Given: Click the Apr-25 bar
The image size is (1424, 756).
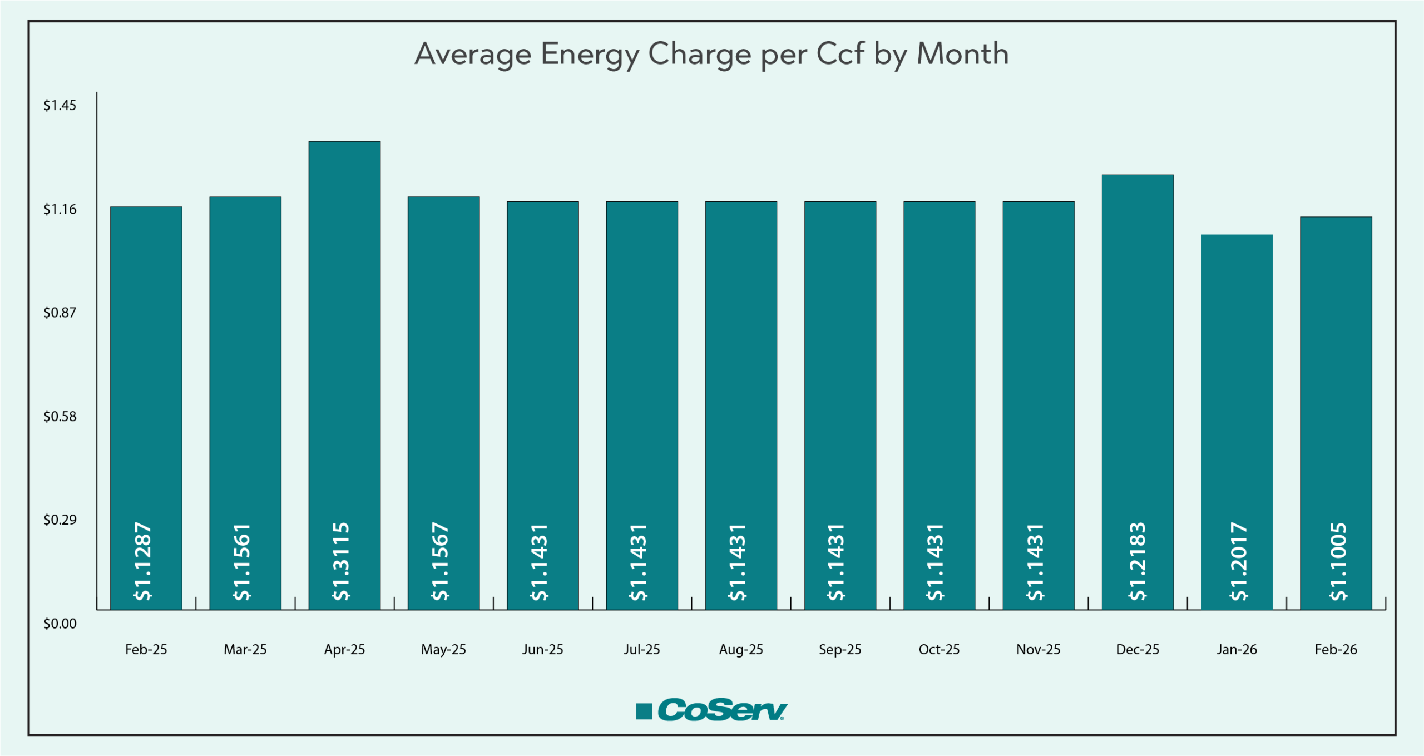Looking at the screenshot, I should (x=344, y=334).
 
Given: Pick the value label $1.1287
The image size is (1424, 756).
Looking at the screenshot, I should (x=144, y=561).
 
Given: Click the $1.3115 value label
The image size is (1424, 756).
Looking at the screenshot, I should (x=341, y=561).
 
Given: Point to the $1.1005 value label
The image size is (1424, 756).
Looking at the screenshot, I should (x=1338, y=561).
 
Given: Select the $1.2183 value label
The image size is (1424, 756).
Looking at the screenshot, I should (x=1138, y=561).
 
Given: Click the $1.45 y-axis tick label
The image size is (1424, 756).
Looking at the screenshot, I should (x=60, y=106).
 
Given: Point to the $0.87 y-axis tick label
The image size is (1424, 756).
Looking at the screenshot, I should (x=60, y=313).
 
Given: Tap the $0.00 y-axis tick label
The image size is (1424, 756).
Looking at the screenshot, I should (x=60, y=624).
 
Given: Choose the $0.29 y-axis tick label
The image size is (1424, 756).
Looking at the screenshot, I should (x=60, y=520).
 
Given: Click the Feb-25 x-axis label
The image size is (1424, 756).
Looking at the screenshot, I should (x=146, y=649).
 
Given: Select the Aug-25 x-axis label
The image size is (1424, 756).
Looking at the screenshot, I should (x=741, y=649).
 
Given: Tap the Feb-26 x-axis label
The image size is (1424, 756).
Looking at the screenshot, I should (x=1336, y=649).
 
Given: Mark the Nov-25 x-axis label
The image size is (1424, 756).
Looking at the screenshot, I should (x=1038, y=649).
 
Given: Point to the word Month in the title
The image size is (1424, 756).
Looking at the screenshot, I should (x=962, y=54).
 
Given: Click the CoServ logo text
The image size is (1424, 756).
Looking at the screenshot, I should (x=722, y=710).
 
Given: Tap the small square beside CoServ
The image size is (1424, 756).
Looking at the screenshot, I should (x=644, y=711).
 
